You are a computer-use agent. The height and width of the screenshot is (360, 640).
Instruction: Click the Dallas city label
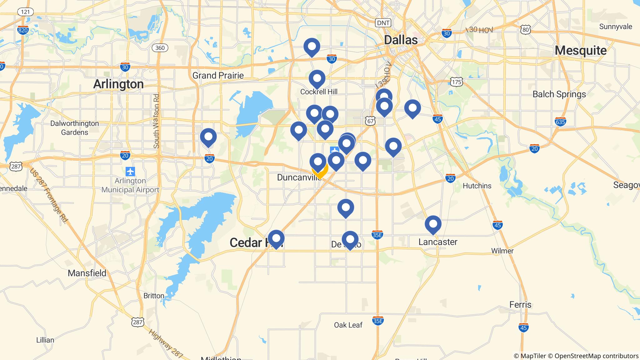401,40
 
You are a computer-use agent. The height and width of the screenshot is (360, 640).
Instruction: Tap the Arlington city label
118,84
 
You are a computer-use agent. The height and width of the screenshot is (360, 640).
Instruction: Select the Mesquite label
581,50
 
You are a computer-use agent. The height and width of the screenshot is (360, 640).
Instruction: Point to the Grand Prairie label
218,75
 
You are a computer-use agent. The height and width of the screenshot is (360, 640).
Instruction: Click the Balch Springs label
559,94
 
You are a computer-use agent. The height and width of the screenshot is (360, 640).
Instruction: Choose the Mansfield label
87,273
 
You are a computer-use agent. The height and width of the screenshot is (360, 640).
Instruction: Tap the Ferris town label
520,304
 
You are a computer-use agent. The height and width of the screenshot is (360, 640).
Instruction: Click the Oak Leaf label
348,325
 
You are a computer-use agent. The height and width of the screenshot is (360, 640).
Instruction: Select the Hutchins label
477,186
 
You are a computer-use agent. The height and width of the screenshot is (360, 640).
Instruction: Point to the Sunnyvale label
615,27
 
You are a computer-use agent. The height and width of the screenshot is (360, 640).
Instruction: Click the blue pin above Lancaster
433,224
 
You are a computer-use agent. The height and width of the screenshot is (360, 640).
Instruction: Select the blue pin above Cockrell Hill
317,78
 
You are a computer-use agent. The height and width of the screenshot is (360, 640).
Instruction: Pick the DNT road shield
383,23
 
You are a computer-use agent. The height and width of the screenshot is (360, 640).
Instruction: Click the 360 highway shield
160,48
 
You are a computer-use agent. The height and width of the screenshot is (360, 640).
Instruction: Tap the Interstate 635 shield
560,122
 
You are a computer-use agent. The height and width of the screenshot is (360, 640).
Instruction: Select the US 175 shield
457,82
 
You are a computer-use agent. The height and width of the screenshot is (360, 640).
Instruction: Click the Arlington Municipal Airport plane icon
130,171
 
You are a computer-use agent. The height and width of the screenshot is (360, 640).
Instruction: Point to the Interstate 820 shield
23,30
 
